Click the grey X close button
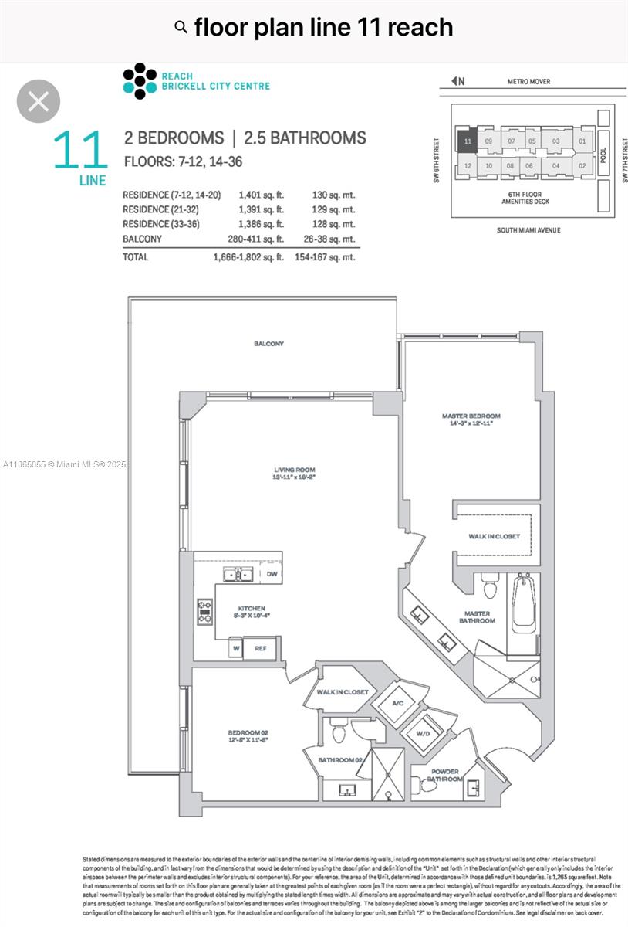point(39,101)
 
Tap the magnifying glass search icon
point(181,28)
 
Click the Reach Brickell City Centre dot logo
point(139,81)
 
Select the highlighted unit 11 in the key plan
point(468,141)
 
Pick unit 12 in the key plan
point(468,165)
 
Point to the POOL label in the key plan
point(603,153)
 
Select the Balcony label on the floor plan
point(268,343)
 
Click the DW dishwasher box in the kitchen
point(270,574)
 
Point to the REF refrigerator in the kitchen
point(261,648)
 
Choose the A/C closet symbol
point(398,703)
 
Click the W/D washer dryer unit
point(423,732)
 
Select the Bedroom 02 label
point(248,735)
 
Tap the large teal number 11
point(79,151)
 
